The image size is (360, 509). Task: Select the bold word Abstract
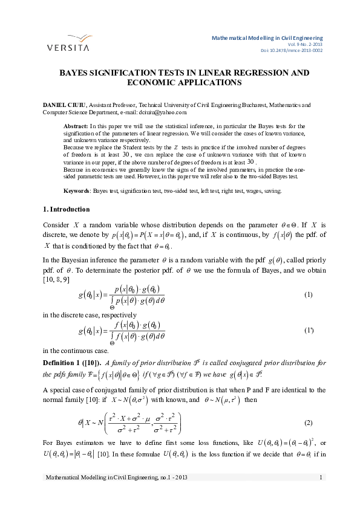point(75,126)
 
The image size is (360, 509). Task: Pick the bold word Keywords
point(77,190)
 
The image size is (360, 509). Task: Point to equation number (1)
point(308,294)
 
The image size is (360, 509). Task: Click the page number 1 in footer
point(320,496)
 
